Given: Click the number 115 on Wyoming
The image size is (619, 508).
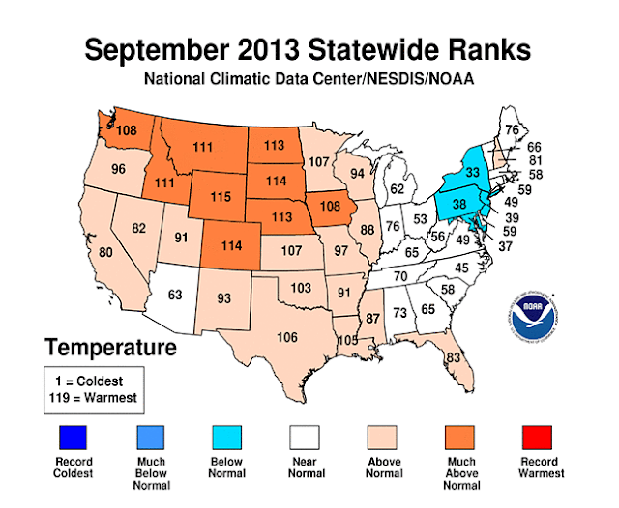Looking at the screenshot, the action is [221, 196].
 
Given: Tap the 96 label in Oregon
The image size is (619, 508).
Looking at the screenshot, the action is [118, 169].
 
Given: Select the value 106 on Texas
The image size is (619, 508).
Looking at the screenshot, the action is [287, 337].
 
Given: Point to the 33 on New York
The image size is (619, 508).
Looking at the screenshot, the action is [473, 172].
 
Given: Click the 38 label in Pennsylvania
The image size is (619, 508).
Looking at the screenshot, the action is [459, 204].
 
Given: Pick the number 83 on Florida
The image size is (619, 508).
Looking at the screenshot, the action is [454, 357].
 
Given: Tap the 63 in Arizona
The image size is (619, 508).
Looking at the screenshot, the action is [175, 295].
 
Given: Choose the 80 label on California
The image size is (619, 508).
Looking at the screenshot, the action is [105, 252].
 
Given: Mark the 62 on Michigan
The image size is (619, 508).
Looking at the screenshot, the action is [398, 189].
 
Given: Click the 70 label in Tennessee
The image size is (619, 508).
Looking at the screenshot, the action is [400, 276].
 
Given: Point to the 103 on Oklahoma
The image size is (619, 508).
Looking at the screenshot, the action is [301, 288].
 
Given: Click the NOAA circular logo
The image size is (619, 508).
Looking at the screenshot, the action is [532, 316].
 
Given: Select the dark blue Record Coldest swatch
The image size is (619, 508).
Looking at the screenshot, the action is [74, 437].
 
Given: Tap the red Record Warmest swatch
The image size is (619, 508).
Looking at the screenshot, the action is [538, 437].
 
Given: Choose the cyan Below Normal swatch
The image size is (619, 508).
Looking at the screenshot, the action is [227, 437].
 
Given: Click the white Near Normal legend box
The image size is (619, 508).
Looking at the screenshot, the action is [305, 437].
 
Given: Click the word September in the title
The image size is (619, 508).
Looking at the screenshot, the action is [157, 50].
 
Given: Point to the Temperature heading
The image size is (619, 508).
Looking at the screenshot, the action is [110, 348].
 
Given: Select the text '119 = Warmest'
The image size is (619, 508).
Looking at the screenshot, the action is [93, 398].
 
